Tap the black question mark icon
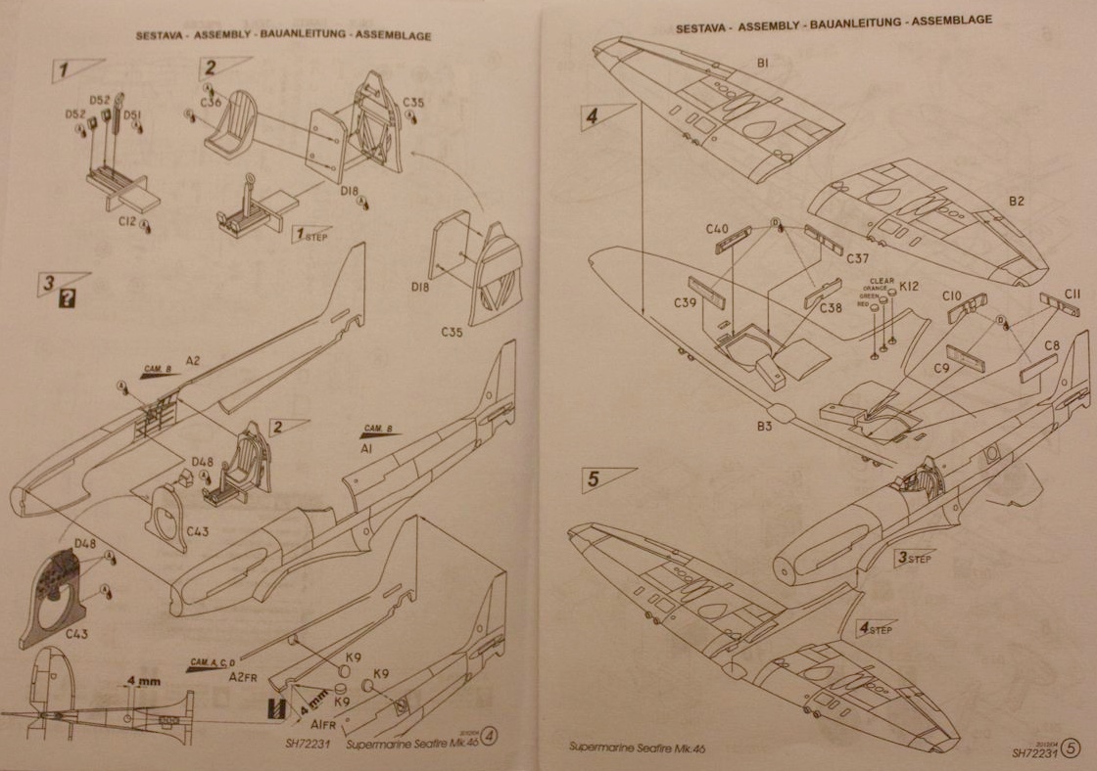[68, 300]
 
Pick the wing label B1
[762, 63]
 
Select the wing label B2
[1017, 201]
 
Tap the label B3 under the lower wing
[764, 425]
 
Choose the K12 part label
[909, 286]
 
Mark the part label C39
[686, 301]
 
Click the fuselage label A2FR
[244, 676]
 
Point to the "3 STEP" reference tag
[913, 558]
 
